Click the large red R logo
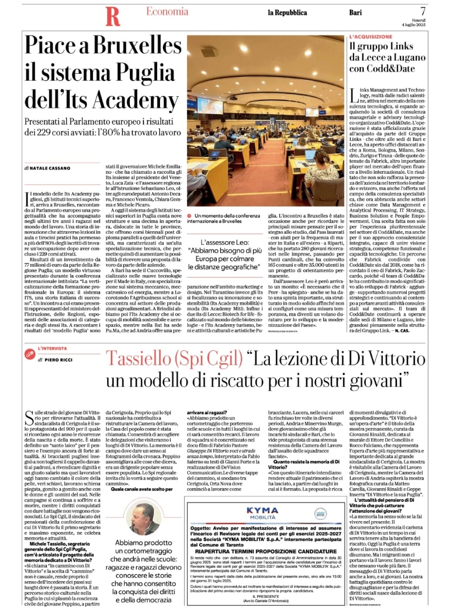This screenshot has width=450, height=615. tap(113, 16)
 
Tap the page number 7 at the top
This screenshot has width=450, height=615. tap(423, 10)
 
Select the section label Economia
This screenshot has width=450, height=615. tap(167, 11)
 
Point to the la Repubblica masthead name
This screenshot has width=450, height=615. tap(287, 13)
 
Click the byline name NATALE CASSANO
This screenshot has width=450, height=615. tap(49, 168)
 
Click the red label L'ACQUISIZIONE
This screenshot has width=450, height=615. tap(371, 37)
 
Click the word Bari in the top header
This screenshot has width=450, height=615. tap(355, 13)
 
